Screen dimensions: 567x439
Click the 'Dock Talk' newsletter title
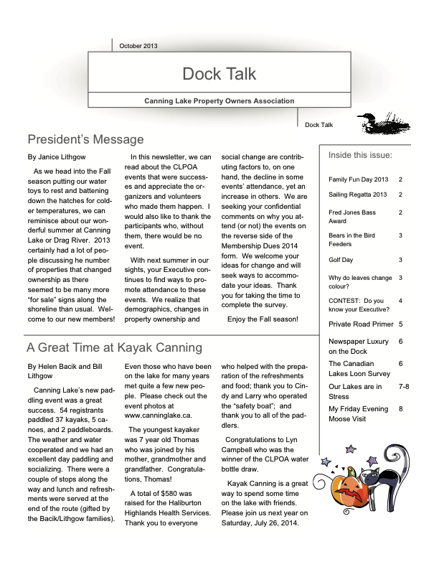[219, 73]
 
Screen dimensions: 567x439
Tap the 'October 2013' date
[138, 46]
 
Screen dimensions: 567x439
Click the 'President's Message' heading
[85, 139]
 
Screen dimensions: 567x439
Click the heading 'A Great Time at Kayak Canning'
[114, 348]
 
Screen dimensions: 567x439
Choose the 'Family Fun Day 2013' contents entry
[358, 179]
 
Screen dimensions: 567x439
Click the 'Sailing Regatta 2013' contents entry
[358, 195]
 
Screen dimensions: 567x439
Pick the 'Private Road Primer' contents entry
[361, 324]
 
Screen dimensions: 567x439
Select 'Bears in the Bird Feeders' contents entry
[351, 239]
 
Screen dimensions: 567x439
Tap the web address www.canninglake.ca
[157, 435]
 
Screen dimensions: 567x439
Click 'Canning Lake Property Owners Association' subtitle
[219, 101]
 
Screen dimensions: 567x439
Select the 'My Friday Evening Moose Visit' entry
[358, 413]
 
